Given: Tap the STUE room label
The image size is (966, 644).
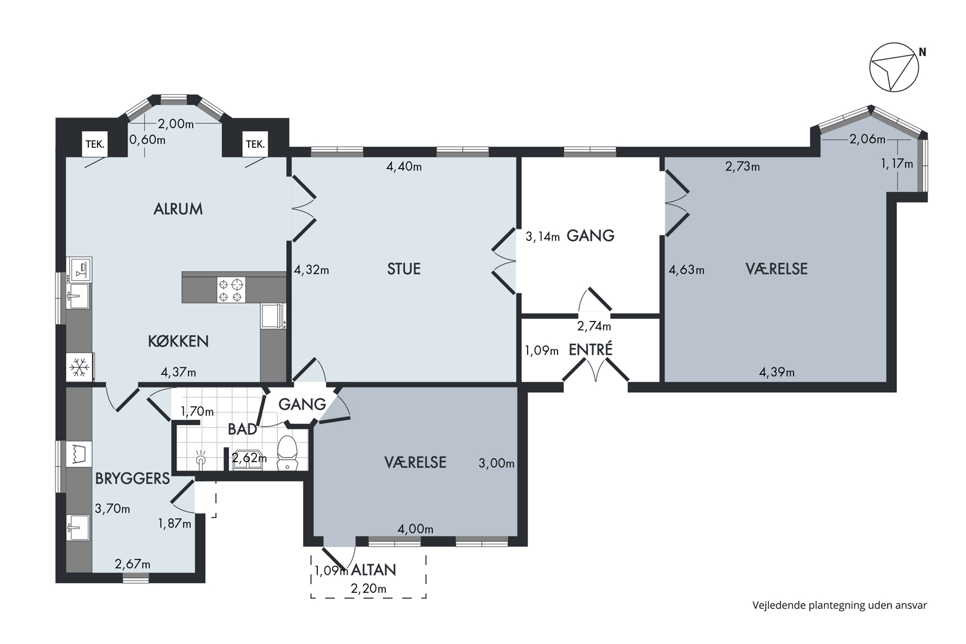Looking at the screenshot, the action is (404, 269).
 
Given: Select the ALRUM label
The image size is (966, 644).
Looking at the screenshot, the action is (178, 209).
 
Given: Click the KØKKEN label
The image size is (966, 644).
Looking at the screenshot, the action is (178, 341).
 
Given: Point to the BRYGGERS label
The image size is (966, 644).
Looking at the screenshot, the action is (132, 478).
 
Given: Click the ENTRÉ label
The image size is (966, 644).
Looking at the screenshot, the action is (590, 349).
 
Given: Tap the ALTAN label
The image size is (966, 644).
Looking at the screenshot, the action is (373, 570).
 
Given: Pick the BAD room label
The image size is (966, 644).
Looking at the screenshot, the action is (242, 429).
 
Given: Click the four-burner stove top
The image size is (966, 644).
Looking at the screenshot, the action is (231, 290).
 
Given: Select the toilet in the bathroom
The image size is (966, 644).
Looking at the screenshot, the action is (287, 453).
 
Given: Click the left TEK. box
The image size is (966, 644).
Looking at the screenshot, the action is (95, 144).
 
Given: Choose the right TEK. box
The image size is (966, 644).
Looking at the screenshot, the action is (255, 144).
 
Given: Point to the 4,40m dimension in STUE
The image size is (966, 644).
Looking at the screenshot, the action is (404, 166).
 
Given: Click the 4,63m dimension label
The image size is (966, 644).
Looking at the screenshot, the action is (686, 270).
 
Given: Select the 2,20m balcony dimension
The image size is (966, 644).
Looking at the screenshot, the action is (369, 589).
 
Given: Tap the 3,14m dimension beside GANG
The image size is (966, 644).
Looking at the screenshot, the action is (543, 236).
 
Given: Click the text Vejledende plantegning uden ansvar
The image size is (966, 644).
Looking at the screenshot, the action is (840, 606).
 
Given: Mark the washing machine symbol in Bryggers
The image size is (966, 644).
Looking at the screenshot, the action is (79, 454).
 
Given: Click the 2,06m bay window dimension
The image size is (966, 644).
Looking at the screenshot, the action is (867, 140).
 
